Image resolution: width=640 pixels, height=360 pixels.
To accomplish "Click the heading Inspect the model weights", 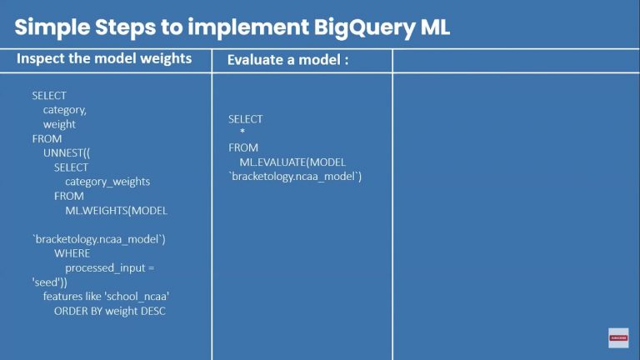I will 104,59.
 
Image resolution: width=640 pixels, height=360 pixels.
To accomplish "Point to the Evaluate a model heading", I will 287,60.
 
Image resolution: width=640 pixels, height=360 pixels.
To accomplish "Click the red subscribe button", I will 617,337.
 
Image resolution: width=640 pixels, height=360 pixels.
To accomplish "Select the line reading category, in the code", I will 65,110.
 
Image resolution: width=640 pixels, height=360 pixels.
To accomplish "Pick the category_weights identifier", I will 107,182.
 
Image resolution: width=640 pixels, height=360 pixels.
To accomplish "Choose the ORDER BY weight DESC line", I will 110,311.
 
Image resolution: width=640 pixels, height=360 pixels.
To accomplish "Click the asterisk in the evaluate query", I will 242,133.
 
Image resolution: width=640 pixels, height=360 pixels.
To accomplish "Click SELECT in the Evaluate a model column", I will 245,119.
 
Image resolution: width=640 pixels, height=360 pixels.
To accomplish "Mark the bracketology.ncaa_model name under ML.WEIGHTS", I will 99,239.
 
